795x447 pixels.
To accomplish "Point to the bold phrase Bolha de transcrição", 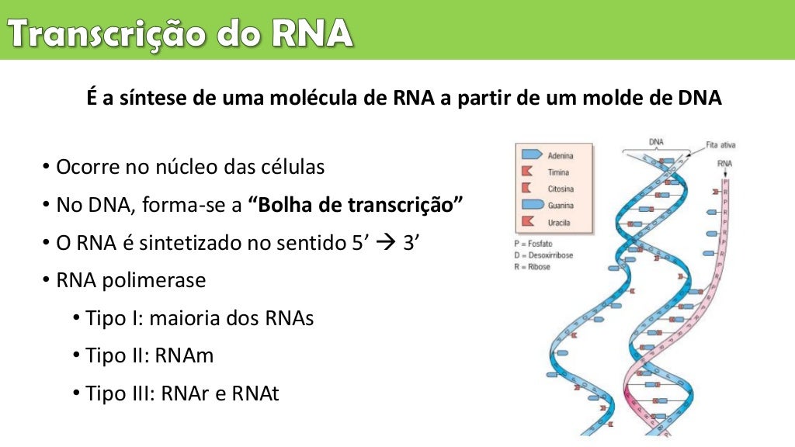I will [356, 206].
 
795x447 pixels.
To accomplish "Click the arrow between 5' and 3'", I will [384, 243].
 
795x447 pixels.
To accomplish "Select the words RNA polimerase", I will [131, 280].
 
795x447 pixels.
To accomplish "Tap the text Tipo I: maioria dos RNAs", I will [200, 318].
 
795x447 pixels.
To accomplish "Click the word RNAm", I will [184, 355].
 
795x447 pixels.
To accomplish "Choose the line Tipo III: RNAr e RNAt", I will [182, 393].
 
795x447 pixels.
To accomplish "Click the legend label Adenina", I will [561, 156].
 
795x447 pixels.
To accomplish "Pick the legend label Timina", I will [558, 172].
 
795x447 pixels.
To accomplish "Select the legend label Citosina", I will [561, 189].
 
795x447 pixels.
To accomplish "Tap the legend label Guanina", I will [561, 206].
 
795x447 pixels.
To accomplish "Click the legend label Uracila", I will [559, 222].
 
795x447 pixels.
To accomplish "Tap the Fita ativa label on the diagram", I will [720, 144].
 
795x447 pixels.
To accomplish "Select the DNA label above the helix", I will [656, 142].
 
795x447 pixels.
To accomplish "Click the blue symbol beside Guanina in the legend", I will [531, 205].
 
